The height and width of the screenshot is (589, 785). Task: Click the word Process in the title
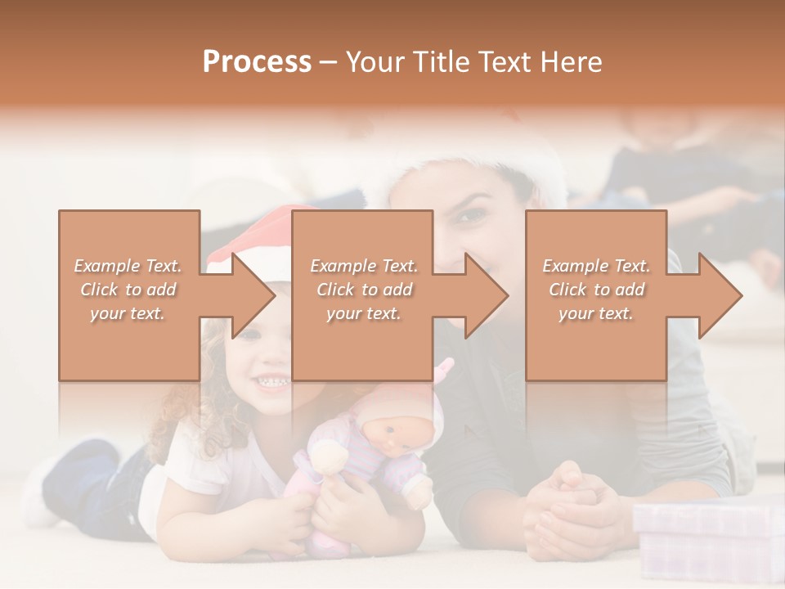(257, 62)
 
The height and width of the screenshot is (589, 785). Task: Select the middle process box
(362, 344)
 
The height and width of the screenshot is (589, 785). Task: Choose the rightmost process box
(595, 344)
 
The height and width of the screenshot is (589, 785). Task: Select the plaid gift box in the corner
(708, 540)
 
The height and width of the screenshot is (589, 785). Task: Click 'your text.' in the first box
(128, 312)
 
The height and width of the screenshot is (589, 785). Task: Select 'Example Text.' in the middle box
(363, 266)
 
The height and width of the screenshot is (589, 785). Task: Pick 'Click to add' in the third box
(596, 290)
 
